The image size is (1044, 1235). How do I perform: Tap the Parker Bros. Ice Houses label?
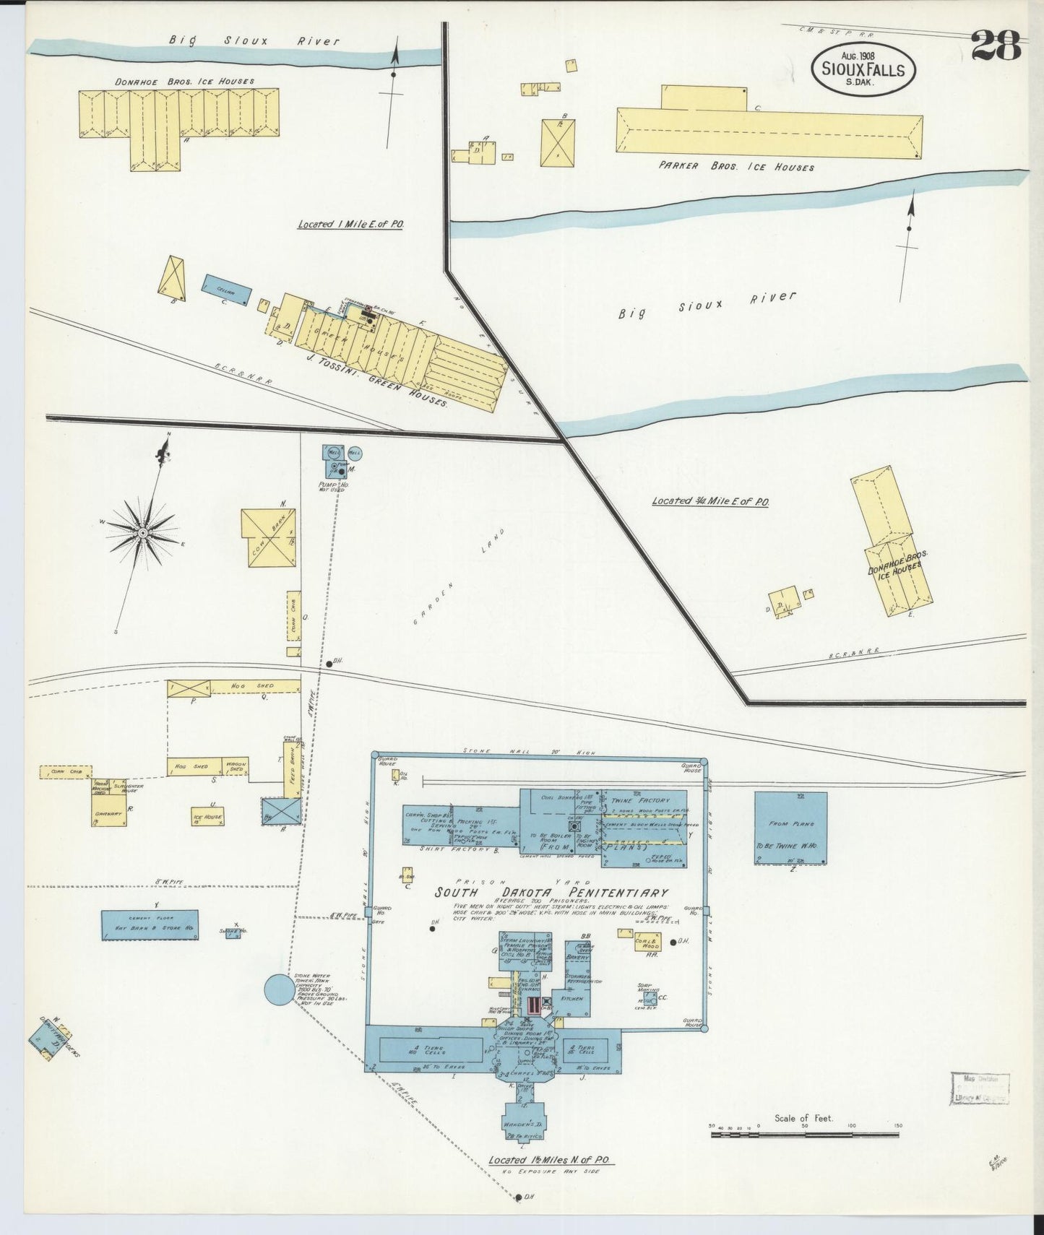pyautogui.click(x=735, y=166)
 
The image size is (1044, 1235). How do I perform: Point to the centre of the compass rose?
pyautogui.click(x=143, y=533)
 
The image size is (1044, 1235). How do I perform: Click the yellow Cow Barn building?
pyautogui.click(x=267, y=537)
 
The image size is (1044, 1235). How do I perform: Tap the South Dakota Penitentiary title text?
pyautogui.click(x=551, y=893)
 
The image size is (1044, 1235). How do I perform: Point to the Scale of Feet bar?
pyautogui.click(x=806, y=1135)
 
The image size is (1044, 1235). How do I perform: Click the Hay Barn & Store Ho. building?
pyautogui.click(x=150, y=925)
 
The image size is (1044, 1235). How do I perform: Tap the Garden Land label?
pyautogui.click(x=457, y=576)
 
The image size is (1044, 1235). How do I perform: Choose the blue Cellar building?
pyautogui.click(x=227, y=290)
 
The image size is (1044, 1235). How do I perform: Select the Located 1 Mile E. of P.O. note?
pyautogui.click(x=350, y=225)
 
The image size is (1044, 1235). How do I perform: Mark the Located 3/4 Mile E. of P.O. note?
pyautogui.click(x=709, y=500)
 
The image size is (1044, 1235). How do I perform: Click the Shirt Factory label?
pyautogui.click(x=460, y=849)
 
